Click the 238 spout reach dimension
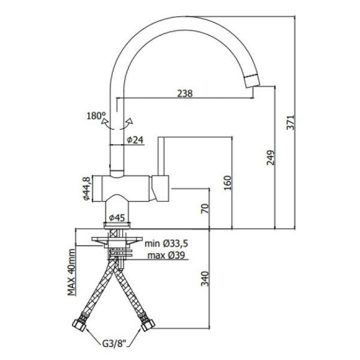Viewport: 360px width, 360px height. click(x=184, y=93)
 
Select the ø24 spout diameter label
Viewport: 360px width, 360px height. click(x=135, y=141)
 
